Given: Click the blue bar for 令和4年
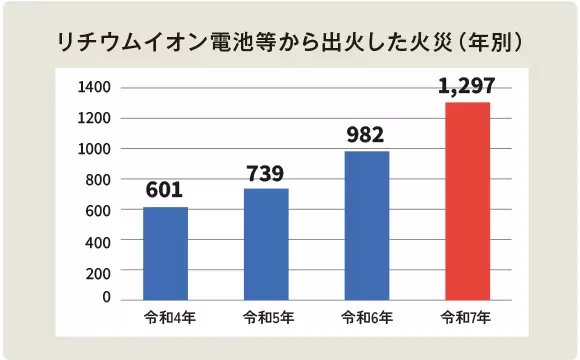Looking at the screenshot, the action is [165, 253].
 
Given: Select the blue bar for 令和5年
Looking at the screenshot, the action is [266, 244].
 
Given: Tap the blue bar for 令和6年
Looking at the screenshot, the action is [367, 226].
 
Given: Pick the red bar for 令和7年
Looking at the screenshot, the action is [468, 201].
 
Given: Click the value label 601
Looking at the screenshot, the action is [164, 190].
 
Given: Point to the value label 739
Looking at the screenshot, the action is [265, 173].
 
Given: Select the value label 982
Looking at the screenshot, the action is [365, 135].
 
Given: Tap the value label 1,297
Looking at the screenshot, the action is [466, 86].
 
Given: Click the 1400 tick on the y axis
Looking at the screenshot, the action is [94, 87].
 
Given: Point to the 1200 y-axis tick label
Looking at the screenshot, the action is [94, 118].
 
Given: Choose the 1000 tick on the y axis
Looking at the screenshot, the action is [94, 149].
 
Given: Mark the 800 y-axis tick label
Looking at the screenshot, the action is [98, 180].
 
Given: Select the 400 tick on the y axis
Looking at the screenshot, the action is [98, 243].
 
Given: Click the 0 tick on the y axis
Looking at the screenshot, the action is [107, 297].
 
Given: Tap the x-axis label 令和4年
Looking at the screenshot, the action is [169, 318].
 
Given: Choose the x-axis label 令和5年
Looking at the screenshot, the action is [269, 318].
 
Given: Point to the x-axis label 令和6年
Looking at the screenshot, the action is [367, 318].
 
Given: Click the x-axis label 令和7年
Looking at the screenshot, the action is [466, 318].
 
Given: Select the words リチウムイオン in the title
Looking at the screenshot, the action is [132, 43].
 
